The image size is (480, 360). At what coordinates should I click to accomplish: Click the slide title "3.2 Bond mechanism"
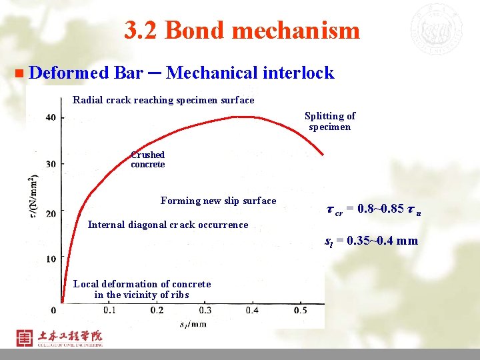point(241,31)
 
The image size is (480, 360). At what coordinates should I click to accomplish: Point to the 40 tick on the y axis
point(51,117)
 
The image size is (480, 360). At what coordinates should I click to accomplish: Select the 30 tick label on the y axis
point(51,164)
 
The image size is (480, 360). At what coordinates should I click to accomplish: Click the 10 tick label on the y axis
point(51,258)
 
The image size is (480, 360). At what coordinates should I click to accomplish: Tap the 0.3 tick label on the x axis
point(205,310)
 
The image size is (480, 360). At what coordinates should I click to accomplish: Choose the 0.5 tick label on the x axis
point(300,310)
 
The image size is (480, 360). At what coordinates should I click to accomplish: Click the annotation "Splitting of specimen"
point(330,121)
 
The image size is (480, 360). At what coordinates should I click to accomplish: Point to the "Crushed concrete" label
point(147,159)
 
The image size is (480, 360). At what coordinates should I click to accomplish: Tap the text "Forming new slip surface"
point(218,201)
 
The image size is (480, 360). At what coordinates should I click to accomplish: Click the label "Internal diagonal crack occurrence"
point(168,225)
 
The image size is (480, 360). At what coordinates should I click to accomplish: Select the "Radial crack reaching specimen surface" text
point(163,100)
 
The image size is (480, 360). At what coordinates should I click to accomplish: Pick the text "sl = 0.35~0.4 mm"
point(371,241)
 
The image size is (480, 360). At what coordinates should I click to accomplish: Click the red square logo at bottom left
point(24,337)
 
